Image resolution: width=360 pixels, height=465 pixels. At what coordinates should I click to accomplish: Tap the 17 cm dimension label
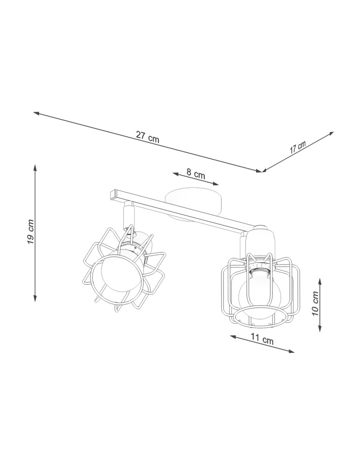tap(298, 147)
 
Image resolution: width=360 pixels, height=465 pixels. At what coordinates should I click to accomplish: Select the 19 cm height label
tap(30, 232)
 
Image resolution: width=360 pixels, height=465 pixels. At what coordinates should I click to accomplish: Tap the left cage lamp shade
tap(123, 270)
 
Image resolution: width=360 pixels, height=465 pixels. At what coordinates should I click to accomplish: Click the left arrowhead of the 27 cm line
tap(35, 113)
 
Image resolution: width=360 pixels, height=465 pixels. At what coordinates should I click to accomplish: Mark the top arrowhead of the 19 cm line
tap(35, 166)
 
